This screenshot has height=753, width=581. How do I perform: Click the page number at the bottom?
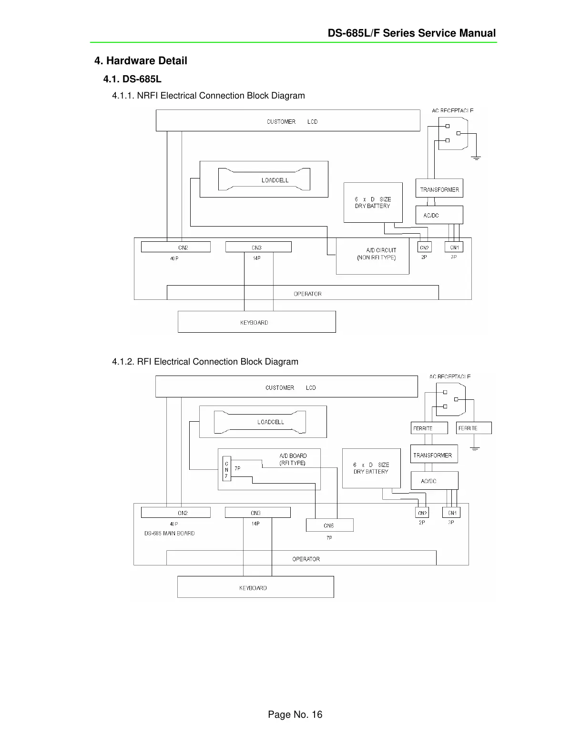[295, 714]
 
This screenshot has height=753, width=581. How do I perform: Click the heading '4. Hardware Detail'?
[141, 60]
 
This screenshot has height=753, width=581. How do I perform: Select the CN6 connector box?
[329, 525]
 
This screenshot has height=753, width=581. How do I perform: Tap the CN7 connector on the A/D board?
[226, 469]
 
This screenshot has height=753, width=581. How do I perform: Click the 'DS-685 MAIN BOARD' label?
[169, 533]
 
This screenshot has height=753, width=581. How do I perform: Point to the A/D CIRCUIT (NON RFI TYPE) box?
[372, 256]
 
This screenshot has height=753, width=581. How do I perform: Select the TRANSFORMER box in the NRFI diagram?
[439, 188]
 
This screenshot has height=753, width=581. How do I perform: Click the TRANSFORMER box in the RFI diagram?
[434, 454]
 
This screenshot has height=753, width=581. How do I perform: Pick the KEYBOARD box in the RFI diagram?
[255, 587]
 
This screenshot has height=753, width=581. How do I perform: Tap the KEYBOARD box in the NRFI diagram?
[256, 322]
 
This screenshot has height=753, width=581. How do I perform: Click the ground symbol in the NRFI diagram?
[476, 157]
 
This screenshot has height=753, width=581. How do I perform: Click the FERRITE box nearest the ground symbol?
[473, 428]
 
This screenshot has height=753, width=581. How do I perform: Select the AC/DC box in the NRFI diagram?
[439, 215]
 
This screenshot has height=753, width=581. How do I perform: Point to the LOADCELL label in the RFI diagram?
[270, 422]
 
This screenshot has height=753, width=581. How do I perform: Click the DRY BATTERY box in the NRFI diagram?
[373, 202]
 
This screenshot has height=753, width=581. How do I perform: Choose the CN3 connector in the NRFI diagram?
[258, 247]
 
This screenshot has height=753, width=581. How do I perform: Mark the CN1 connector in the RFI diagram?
[451, 513]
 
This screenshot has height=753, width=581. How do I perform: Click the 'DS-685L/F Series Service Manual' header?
[411, 33]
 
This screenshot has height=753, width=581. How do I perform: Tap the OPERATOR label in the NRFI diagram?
[307, 294]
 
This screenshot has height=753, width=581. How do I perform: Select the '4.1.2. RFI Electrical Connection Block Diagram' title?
[205, 361]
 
